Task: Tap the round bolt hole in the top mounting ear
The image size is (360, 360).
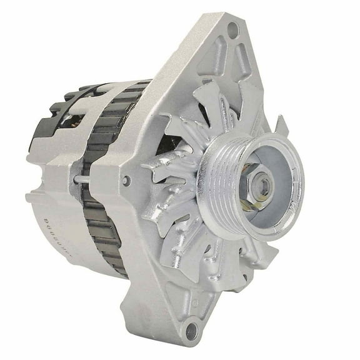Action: coord(234,27)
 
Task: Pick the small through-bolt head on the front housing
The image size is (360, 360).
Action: coord(127,181)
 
